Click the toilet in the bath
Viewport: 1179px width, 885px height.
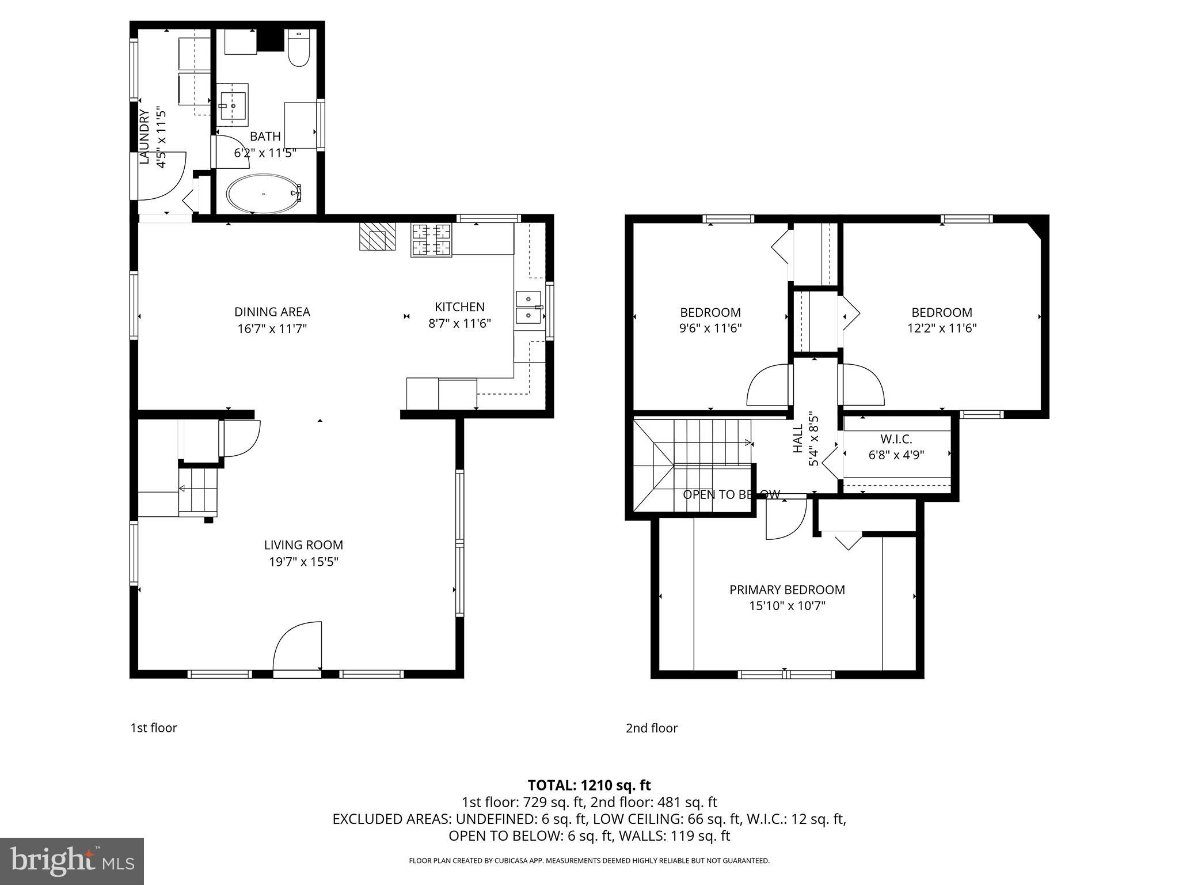pos(298,49)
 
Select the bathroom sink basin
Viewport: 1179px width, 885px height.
pos(233,105)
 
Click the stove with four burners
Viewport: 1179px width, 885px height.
pos(431,240)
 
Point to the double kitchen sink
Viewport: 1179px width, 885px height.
pos(528,308)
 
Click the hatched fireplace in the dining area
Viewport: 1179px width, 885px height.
pos(378,236)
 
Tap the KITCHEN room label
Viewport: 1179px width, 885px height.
pos(459,307)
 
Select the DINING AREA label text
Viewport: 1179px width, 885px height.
pos(272,312)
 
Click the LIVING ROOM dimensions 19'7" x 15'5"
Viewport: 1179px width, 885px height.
pos(303,562)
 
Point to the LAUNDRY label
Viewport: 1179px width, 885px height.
pos(144,137)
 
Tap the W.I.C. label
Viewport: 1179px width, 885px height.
pos(896,439)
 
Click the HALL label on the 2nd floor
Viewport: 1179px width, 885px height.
pos(798,438)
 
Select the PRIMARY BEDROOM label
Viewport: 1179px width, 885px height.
pos(787,589)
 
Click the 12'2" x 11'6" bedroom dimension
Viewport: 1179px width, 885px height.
pos(941,328)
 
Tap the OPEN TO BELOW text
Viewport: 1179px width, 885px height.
pos(731,494)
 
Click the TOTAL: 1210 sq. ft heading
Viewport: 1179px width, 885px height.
pos(589,785)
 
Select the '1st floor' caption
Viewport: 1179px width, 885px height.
pos(154,728)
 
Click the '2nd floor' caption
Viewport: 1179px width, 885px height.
pos(652,728)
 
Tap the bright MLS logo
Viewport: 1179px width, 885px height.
pos(71,861)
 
